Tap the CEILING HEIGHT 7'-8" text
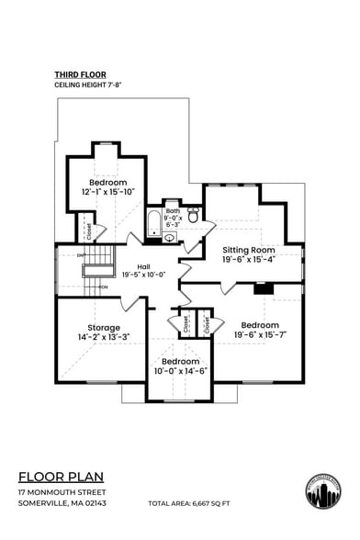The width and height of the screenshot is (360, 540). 86,84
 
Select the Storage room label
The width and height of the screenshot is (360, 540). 103,327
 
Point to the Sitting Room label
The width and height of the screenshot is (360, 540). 248,250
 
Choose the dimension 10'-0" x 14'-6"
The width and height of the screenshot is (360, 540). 180,371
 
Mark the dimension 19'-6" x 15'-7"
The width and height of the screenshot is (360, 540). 260,334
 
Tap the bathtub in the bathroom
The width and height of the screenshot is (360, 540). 153,223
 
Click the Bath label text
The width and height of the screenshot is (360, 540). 174,212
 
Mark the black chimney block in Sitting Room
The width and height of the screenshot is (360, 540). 264,287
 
